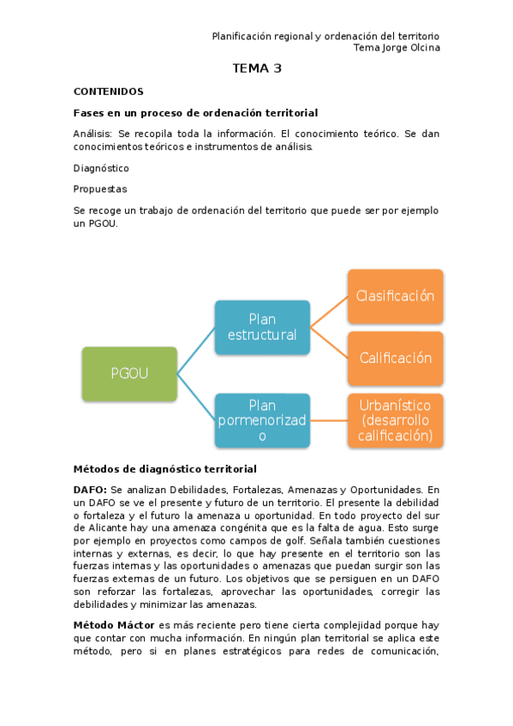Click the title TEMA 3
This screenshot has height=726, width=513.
point(257,68)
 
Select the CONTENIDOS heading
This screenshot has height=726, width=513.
point(108,92)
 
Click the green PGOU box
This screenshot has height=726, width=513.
point(129,372)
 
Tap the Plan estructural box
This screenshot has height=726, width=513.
point(261,326)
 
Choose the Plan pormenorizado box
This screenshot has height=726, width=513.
point(261,420)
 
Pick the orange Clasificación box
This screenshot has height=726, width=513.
point(395,296)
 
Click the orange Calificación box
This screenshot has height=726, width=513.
point(395,358)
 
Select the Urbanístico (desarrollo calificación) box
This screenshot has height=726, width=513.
point(395,420)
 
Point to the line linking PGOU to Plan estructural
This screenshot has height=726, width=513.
point(196,349)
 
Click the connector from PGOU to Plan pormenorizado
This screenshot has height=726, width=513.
point(196,396)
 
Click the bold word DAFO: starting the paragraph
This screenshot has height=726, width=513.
point(90,488)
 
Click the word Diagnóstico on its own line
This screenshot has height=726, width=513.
point(101,169)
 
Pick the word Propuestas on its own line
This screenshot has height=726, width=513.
point(100,189)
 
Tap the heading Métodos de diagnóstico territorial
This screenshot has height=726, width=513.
point(164,468)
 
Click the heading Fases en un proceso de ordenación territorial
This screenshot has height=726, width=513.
point(195,113)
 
